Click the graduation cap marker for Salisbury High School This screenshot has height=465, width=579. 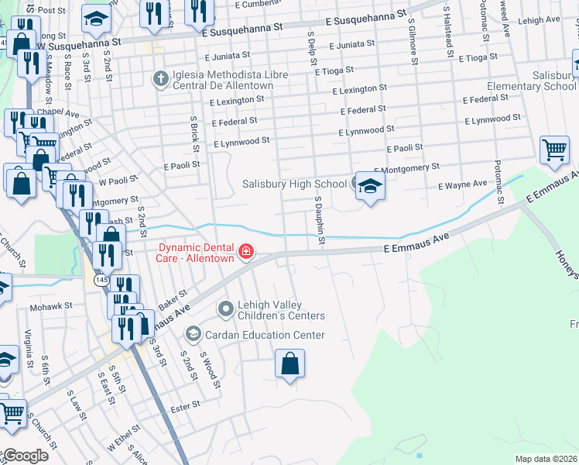click(370, 186)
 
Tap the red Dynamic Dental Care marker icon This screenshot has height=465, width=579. click(245, 251)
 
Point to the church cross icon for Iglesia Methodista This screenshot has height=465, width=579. click(160, 79)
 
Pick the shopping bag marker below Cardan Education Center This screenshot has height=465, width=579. click(289, 363)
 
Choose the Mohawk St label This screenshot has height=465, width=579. click(50, 307)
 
